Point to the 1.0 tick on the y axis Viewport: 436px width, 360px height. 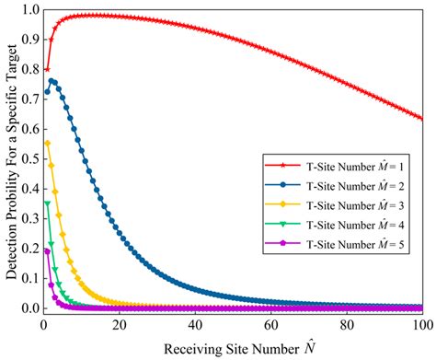pos(28,10)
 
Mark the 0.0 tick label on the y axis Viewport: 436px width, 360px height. pos(28,308)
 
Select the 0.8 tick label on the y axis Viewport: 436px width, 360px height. pos(28,70)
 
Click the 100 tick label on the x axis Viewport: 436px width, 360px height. pos(421,324)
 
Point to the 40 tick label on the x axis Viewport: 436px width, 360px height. pos(194,324)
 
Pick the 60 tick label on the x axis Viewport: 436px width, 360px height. pos(270,324)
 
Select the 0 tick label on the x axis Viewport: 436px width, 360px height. pos(42,324)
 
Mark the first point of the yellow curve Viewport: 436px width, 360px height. pos(46,144)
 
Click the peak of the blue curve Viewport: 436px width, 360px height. pos(52,81)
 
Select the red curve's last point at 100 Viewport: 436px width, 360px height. pos(421,119)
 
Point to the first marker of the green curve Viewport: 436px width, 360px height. pos(46,203)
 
